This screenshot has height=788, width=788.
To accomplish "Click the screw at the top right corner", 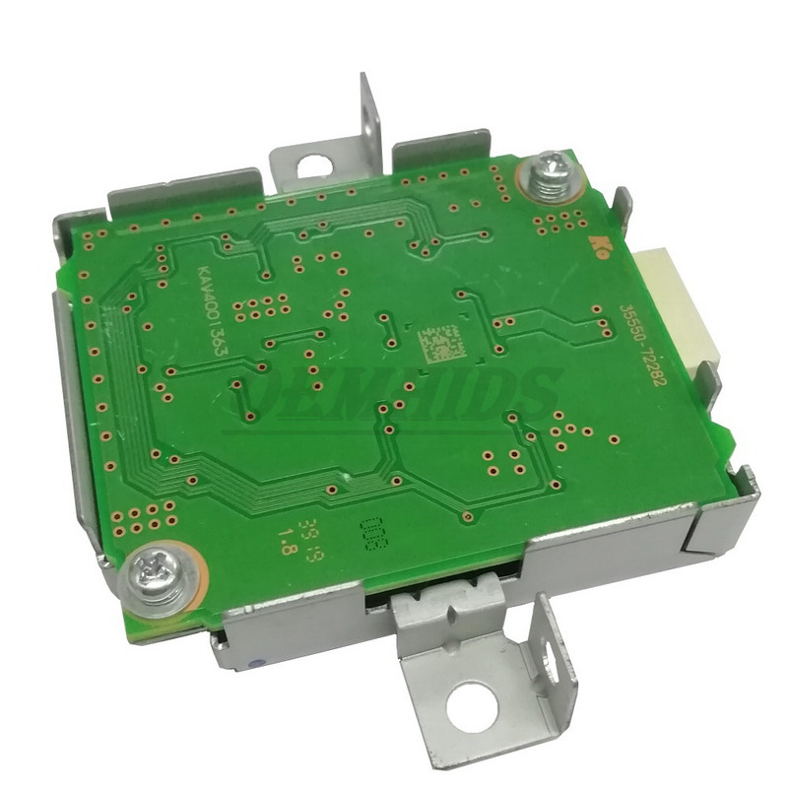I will pos(548,177).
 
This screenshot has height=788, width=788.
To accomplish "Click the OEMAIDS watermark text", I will pos(394,394).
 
